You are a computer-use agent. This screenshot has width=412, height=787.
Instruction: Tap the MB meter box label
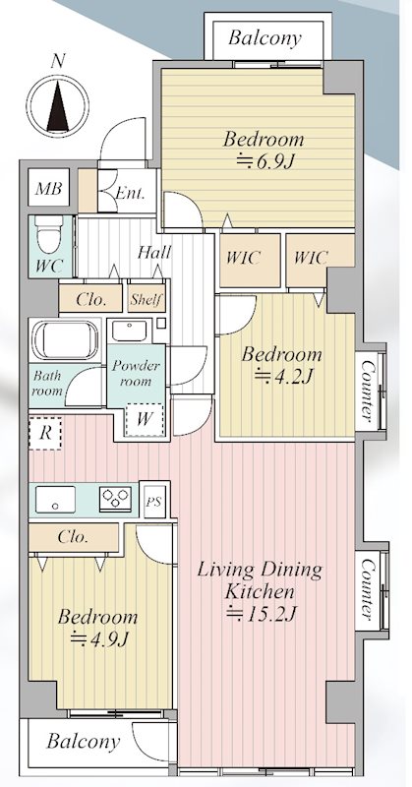pos(49,189)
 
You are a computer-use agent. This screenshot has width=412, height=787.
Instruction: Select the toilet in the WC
pos(49,235)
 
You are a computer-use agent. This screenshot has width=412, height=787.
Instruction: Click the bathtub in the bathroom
pos(66,339)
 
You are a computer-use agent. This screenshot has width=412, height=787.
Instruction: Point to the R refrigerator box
pos(45,433)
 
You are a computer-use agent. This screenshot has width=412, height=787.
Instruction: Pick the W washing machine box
pos(145,420)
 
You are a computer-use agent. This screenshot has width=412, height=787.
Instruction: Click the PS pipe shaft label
pos(154,501)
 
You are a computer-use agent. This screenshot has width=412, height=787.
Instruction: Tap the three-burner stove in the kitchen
pos(115,499)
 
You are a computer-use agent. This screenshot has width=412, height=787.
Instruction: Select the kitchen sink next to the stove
pos(56,499)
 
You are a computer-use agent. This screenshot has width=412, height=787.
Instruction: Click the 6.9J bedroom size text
pos(265,162)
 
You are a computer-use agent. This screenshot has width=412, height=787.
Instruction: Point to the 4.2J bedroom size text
pos(283,377)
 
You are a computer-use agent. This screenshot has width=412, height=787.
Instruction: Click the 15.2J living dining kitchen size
pos(260,613)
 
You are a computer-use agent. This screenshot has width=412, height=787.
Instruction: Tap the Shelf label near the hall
pos(147,300)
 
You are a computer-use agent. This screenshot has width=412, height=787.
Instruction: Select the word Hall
pos(154,252)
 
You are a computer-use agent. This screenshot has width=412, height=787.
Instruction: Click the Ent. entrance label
pos(130,193)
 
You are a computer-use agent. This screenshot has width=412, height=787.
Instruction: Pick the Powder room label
pos(136,372)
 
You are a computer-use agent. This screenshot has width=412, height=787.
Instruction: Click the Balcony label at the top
pos(265,38)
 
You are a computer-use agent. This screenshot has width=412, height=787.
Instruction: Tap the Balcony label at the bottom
pos(84,742)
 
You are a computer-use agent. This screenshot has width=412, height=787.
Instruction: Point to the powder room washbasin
pos(129,331)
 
